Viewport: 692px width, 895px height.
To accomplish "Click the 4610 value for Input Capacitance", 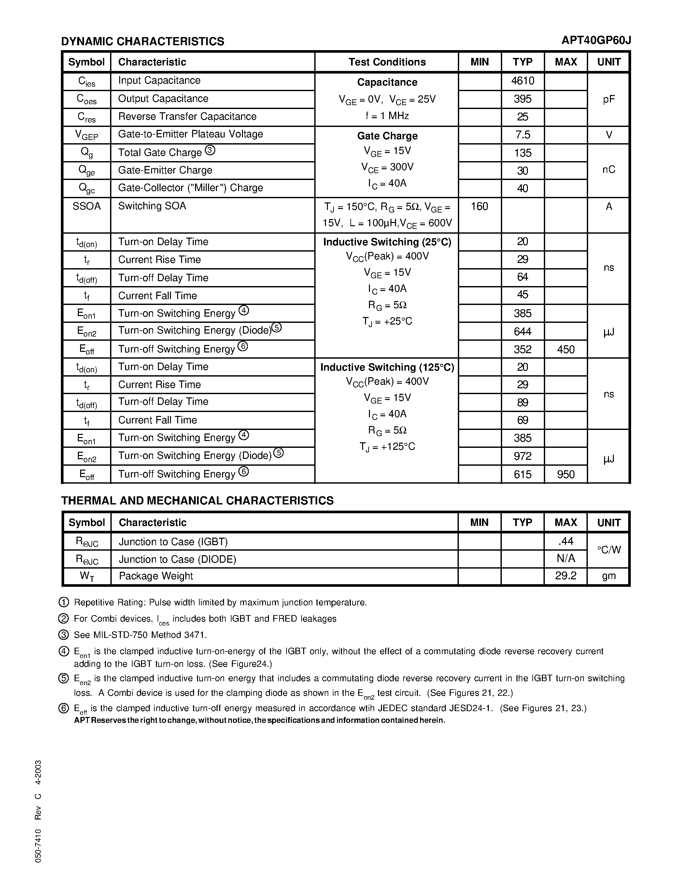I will coord(522,81).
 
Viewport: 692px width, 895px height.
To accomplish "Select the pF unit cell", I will coord(608,99).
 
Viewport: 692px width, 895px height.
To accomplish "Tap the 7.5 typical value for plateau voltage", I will coord(522,135).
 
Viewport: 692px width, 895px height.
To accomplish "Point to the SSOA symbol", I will coord(87,206).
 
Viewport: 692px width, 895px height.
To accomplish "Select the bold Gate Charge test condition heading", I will coord(387,136).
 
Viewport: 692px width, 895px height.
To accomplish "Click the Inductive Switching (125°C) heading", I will coord(387,367).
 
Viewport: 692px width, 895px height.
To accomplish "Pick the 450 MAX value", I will coord(565,350).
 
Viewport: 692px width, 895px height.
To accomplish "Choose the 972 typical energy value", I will coord(522,456).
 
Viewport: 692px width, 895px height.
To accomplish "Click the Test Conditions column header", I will coord(387,62).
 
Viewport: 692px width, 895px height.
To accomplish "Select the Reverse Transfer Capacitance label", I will coord(187,117).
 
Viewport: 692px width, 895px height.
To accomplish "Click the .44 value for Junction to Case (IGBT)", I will coord(565,541).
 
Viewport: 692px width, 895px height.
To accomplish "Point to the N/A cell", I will coord(565,558).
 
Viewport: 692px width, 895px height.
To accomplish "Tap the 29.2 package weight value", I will coord(565,576).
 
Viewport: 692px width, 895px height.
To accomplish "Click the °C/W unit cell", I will coord(608,550).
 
